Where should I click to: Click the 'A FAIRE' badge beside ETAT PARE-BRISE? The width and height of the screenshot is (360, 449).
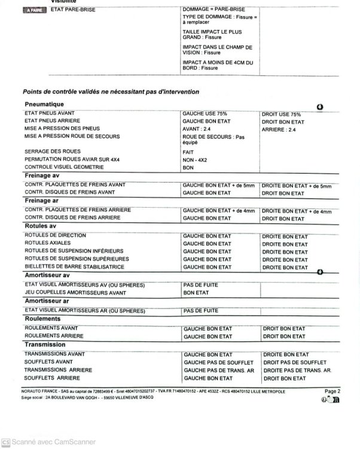point(33,10)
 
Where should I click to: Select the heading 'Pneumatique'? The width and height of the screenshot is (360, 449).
point(45,104)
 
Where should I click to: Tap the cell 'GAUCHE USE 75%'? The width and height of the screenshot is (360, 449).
point(205,113)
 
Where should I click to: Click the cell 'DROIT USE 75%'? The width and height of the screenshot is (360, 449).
point(282,114)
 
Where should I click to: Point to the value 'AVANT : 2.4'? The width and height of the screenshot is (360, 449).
point(197,129)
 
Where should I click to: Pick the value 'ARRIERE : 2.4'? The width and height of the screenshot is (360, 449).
point(279,129)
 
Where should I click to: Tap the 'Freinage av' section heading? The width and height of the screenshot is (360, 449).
point(42,175)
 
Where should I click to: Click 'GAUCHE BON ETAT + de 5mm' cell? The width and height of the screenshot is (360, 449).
point(219,186)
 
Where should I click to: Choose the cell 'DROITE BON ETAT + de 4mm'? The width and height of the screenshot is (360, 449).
point(297,211)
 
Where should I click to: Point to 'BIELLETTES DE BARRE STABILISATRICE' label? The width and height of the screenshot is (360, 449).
point(75,267)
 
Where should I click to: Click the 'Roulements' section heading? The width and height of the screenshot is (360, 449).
point(42,319)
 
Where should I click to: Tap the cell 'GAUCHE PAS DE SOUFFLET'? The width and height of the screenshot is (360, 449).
point(218,363)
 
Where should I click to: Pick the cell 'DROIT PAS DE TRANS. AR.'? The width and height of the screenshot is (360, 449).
point(297,371)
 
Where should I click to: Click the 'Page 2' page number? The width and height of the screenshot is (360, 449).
point(332,391)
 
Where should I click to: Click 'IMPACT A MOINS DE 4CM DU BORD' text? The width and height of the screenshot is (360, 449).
point(217,65)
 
